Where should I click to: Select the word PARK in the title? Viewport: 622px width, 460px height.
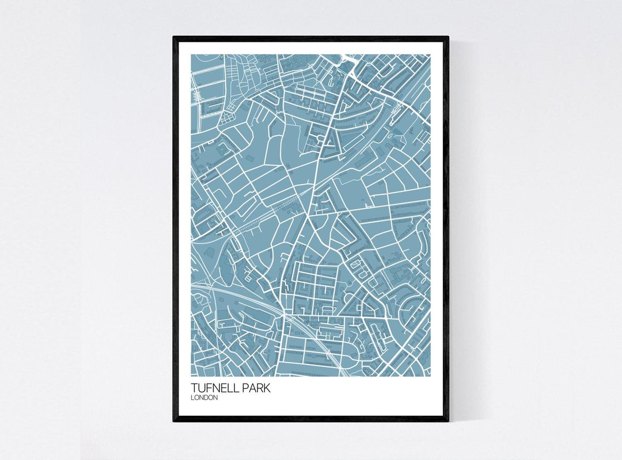[x=256, y=389]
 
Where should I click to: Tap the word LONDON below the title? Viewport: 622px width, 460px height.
[x=204, y=398]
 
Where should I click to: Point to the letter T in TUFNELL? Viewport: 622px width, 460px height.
[x=195, y=389]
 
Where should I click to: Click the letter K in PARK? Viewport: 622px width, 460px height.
[x=267, y=389]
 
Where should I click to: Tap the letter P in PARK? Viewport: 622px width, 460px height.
[x=245, y=389]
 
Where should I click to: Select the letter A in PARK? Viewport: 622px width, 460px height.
[x=252, y=389]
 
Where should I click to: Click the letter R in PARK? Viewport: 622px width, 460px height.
[x=260, y=389]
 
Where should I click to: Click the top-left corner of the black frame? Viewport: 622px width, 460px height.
[x=173, y=37]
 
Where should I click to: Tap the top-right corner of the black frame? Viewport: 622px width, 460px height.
[x=448, y=37]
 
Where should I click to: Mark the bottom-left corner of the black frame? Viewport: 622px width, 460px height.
[x=173, y=421]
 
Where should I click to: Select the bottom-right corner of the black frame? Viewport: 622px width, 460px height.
[x=448, y=421]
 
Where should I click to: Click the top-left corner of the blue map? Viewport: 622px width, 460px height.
[x=191, y=55]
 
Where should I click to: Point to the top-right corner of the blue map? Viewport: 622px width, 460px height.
[x=430, y=55]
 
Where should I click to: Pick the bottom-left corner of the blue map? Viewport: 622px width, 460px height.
[x=191, y=377]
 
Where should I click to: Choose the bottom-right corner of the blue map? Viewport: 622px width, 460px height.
[x=430, y=377]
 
